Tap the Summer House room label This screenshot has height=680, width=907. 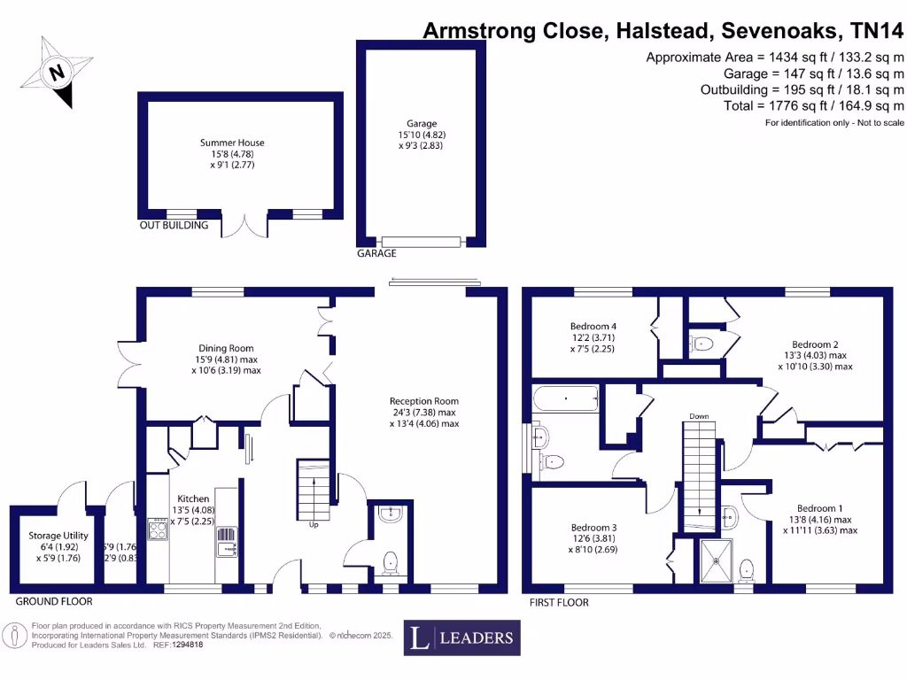coord(232,143)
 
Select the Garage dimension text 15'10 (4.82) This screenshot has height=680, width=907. coord(422,135)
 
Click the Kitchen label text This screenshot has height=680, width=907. coord(193,498)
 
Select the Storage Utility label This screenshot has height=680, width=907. coord(57,536)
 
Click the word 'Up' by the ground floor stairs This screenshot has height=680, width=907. coord(314,524)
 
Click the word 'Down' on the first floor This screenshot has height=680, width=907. coord(699,415)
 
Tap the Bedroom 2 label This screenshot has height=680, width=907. coord(815,344)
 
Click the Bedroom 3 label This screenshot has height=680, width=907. coord(593,527)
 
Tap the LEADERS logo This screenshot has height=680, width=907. coord(461,637)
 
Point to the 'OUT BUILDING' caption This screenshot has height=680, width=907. coord(174,225)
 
